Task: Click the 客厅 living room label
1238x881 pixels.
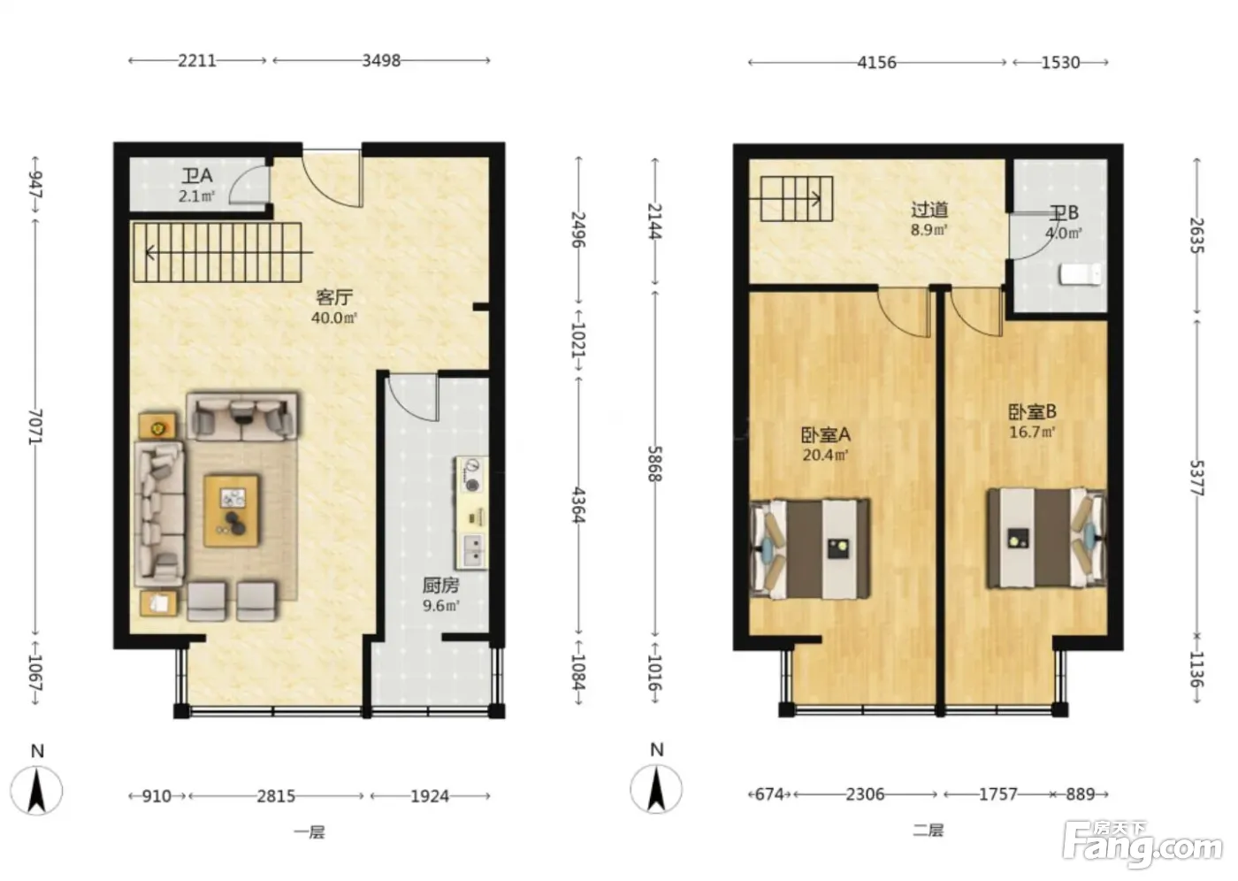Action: [334, 297]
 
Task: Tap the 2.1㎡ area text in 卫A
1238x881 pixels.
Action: [196, 195]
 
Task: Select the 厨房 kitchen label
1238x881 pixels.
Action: [440, 585]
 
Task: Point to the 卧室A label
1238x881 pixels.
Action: [826, 435]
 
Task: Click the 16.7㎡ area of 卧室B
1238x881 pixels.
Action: [1032, 432]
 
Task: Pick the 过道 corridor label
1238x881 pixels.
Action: [929, 210]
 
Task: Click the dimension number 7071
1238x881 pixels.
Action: [36, 426]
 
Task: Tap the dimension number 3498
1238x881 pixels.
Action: [381, 60]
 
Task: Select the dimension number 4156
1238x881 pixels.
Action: [876, 63]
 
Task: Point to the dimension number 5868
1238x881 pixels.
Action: [655, 463]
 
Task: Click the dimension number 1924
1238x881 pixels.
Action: [430, 796]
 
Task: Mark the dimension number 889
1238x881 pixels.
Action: [1081, 794]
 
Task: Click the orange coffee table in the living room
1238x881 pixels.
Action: [232, 510]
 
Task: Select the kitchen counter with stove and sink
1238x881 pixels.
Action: [471, 512]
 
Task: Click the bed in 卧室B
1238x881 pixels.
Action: [1047, 538]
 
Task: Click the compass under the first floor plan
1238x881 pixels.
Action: [36, 791]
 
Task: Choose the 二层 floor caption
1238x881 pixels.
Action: [928, 831]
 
